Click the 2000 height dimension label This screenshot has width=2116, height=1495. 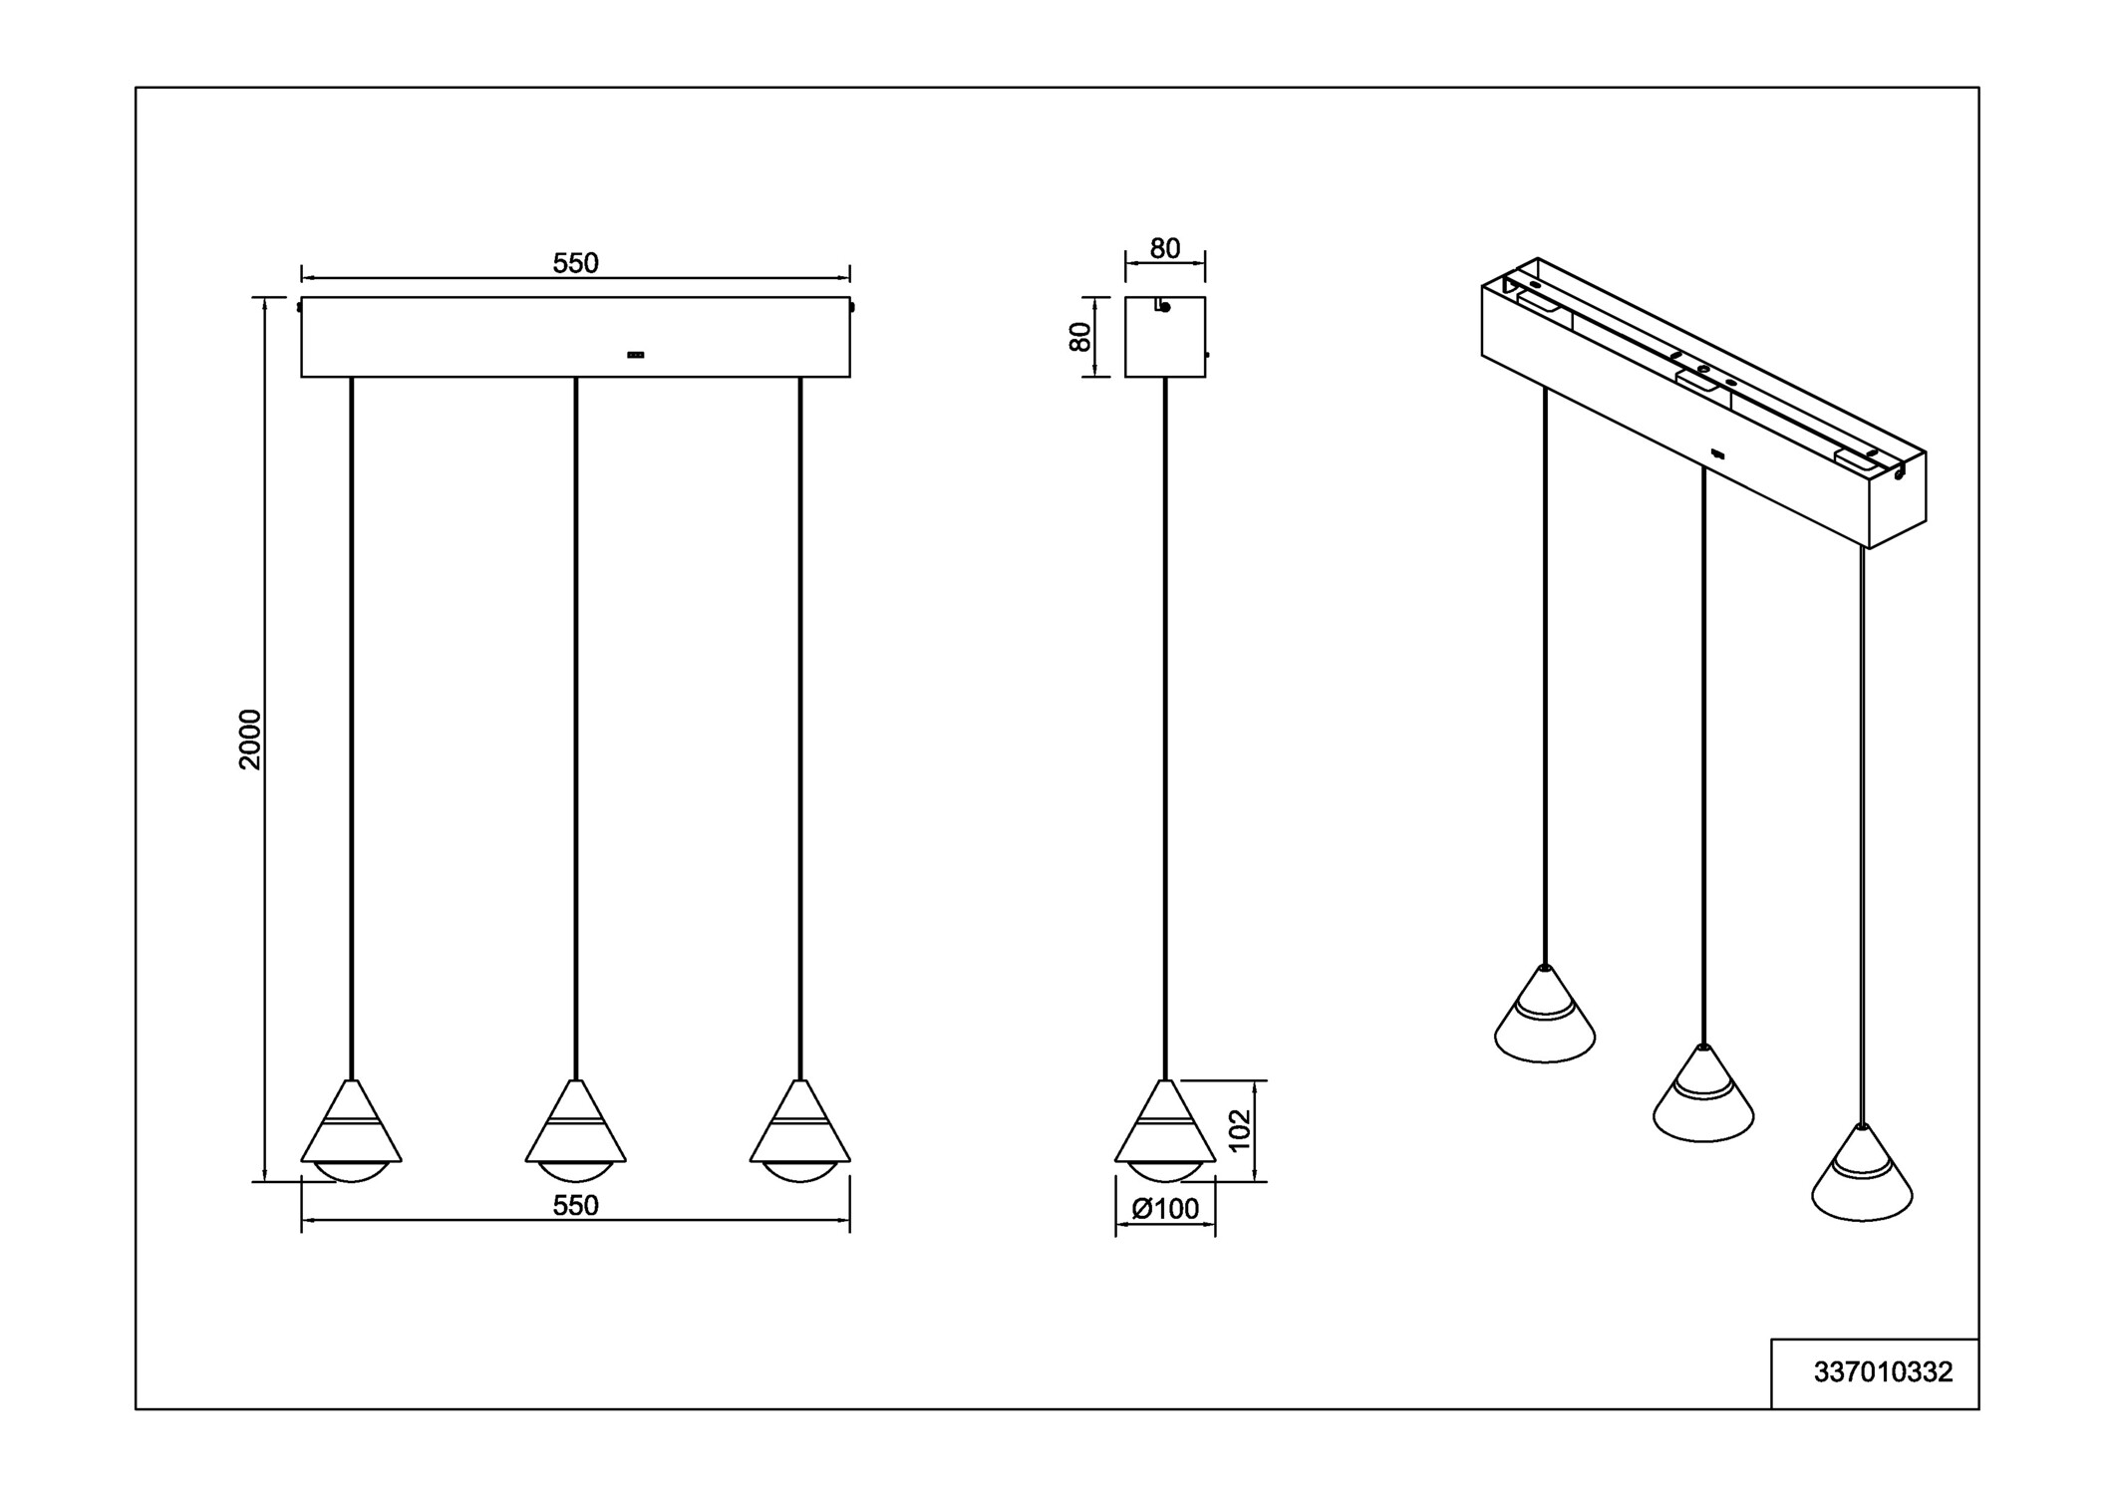[x=249, y=739]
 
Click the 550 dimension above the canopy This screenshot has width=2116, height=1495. [x=575, y=263]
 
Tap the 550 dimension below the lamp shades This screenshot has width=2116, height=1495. [x=575, y=1205]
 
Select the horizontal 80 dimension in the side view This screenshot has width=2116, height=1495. [x=1164, y=248]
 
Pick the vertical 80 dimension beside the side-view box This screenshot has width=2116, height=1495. [x=1079, y=336]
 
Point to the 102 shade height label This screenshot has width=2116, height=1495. [x=1239, y=1130]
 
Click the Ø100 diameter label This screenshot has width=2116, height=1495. [x=1165, y=1209]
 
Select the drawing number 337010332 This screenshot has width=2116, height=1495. [x=1883, y=1372]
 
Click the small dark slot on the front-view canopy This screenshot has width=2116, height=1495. [x=635, y=355]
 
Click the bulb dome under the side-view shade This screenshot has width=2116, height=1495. [x=1165, y=1172]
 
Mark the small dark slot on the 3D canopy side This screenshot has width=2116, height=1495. [x=1716, y=455]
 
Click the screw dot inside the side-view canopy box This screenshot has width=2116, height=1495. [x=1165, y=307]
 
